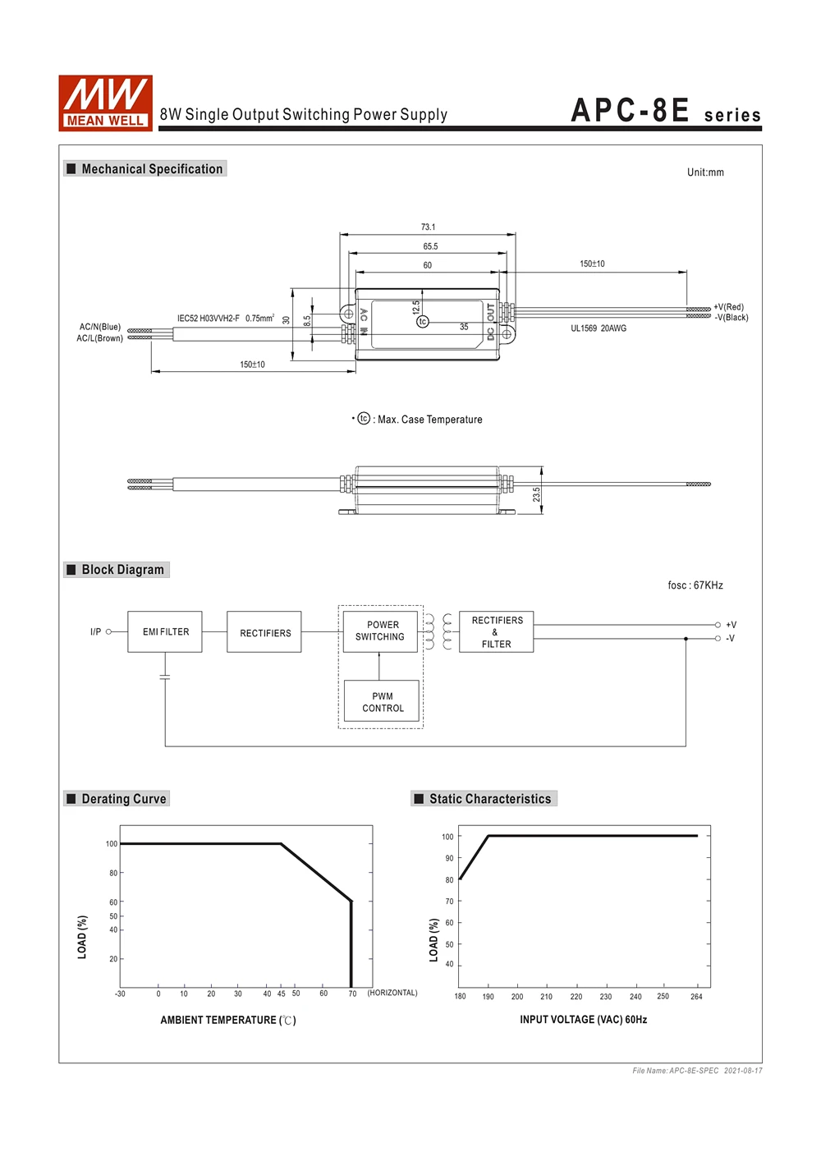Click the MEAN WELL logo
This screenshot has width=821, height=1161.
pos(105,103)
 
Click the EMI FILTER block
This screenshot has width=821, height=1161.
pos(165,631)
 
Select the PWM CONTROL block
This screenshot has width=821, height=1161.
pos(382,702)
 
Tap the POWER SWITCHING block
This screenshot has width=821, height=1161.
pos(380,631)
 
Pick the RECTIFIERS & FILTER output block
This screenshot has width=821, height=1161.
pos(497,631)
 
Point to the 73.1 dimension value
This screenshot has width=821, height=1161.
pos(428,227)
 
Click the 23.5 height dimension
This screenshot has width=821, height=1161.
pos(536,494)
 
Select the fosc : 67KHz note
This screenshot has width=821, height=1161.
pos(695,585)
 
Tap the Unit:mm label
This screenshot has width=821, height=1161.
pos(705,172)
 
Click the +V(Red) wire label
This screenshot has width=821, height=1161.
pos(728,307)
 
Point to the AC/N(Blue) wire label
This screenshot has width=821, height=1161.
pos(100,327)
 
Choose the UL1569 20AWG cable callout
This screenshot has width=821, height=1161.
pos(599,328)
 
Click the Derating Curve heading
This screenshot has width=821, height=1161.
pos(123,799)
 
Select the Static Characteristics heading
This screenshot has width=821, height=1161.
pos(489,799)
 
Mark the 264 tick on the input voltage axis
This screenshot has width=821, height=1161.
pos(696,997)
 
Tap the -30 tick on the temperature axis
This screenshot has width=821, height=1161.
pos(120,994)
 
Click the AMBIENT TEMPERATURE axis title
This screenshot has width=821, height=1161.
pos(228,1020)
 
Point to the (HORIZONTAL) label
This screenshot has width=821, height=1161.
pos(392,993)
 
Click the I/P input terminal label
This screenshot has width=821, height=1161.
pos(96,631)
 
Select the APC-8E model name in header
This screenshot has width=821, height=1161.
pos(630,111)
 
